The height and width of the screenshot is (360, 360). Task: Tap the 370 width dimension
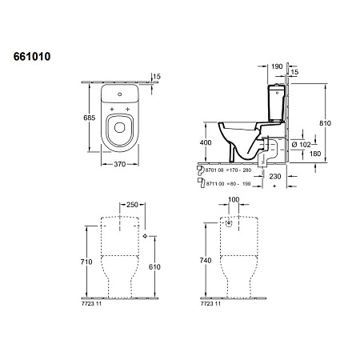click(119, 163)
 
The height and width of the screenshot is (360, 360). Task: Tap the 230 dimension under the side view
click(275, 174)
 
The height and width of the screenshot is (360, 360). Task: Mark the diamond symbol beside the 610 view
click(144, 238)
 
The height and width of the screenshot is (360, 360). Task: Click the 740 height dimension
click(206, 261)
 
